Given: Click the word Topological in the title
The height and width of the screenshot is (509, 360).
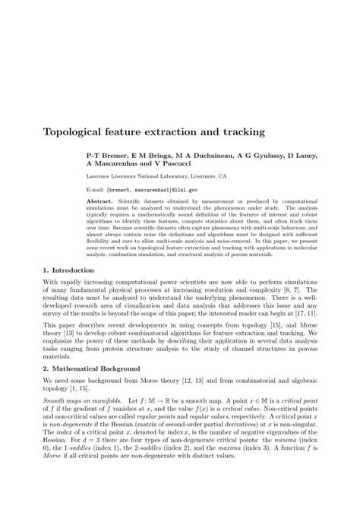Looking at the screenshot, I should pos(77,131).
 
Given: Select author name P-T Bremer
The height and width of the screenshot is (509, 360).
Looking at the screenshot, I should pos(106,156).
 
